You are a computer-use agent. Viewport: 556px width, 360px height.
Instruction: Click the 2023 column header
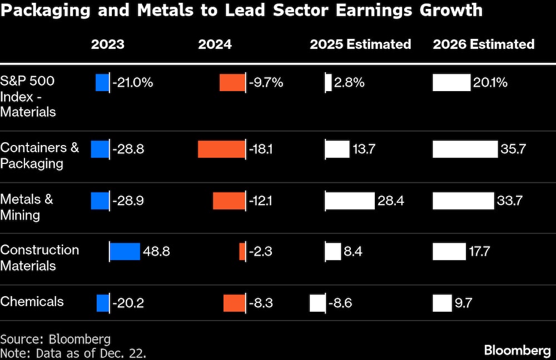(x=107, y=44)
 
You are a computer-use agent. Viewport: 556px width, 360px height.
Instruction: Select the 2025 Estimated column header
(x=360, y=44)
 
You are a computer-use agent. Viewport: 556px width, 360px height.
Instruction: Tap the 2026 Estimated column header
(x=484, y=44)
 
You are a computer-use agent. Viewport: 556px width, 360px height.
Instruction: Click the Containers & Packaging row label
(x=39, y=156)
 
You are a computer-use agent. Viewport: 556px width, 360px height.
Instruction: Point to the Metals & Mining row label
(x=27, y=207)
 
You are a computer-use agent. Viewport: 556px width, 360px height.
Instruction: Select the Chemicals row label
(x=32, y=302)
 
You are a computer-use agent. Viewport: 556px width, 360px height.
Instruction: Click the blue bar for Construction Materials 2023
(x=125, y=252)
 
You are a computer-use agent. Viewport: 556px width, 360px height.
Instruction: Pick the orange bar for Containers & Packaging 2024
(x=221, y=149)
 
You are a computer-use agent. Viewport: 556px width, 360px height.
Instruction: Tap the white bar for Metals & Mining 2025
(x=350, y=201)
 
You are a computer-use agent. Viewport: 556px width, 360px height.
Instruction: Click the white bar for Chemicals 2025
(x=317, y=303)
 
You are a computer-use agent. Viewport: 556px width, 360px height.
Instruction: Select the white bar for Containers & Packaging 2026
(x=465, y=149)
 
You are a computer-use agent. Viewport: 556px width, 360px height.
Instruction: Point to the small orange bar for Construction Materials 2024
(x=242, y=252)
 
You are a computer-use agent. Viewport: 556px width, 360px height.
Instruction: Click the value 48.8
(x=156, y=252)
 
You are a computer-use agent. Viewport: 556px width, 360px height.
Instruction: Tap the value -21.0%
(x=132, y=83)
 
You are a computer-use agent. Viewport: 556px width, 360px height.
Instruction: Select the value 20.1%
(x=490, y=83)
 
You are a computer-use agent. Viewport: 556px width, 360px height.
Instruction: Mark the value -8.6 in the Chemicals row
(x=340, y=303)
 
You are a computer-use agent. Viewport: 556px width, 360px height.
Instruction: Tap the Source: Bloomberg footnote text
(x=55, y=339)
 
